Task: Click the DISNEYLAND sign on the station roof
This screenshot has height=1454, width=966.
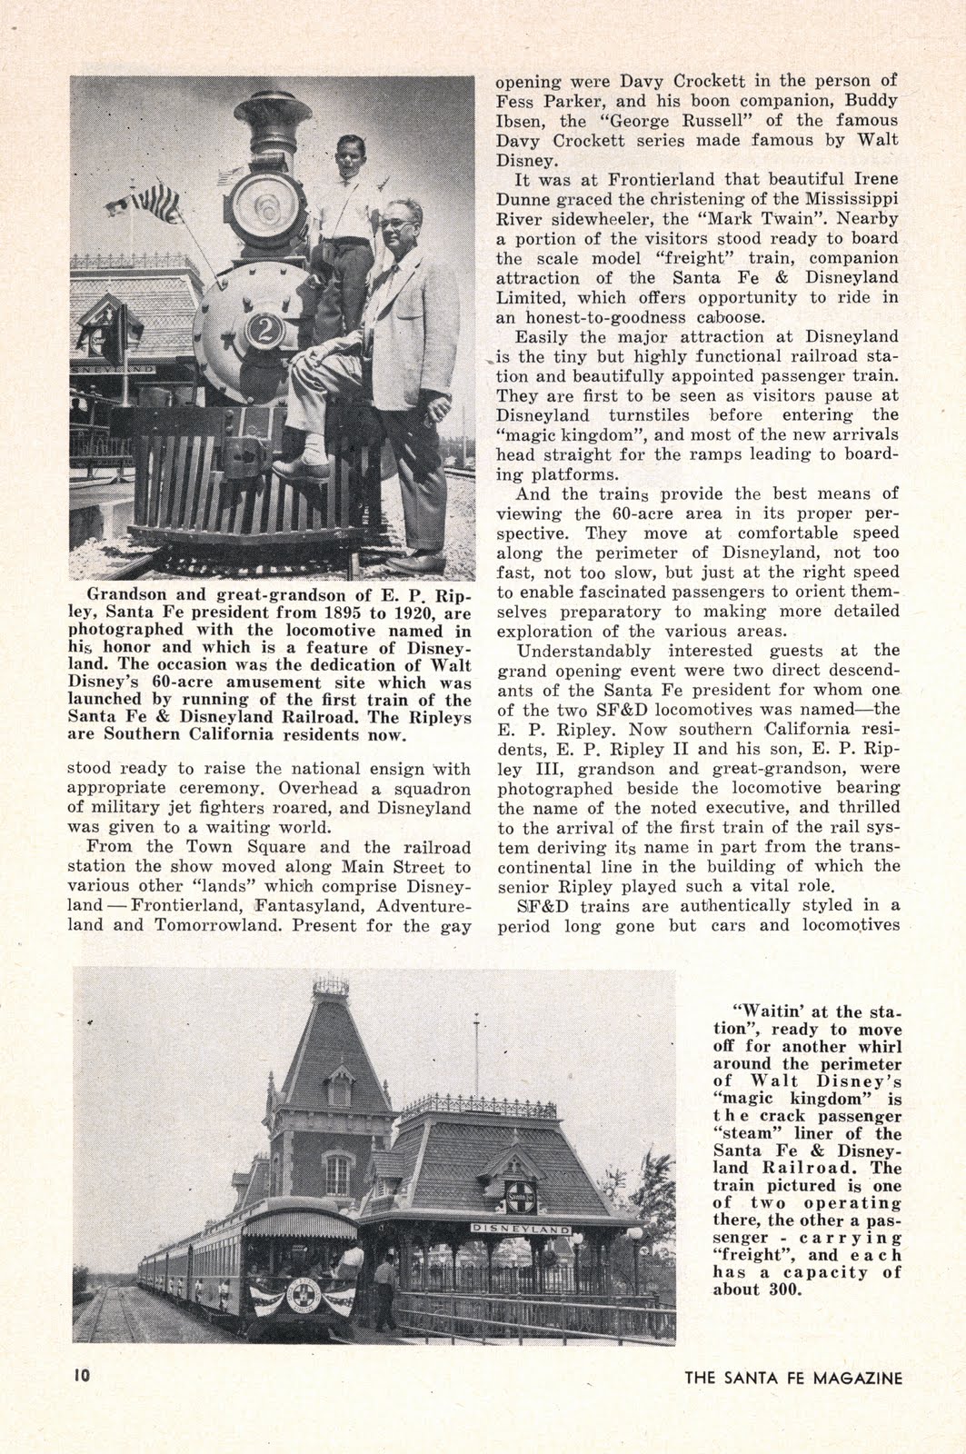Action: click(521, 1229)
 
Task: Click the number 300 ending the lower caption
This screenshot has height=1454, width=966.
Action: click(782, 1290)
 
